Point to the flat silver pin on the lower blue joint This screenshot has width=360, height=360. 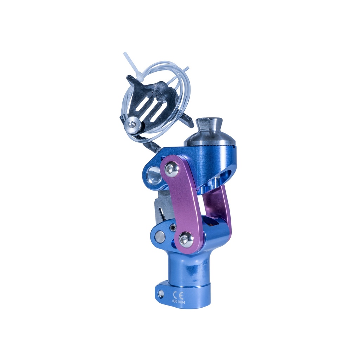[160, 237]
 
